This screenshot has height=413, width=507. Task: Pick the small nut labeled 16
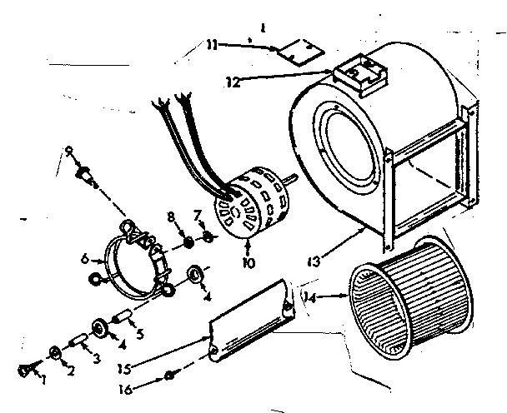(169, 376)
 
